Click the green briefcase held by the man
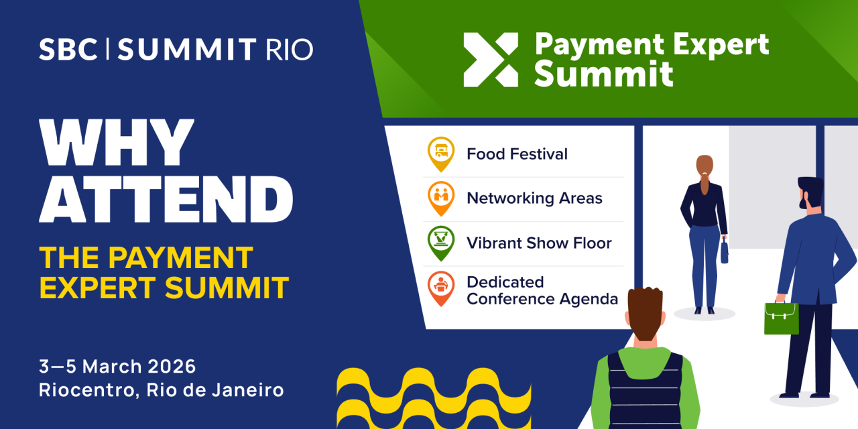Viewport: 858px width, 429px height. pyautogui.click(x=782, y=318)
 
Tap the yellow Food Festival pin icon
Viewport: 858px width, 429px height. pyautogui.click(x=441, y=151)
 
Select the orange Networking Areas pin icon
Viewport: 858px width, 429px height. pyautogui.click(x=441, y=196)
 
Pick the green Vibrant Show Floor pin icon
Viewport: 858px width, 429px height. pyautogui.click(x=441, y=241)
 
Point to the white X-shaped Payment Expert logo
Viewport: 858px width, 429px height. pyautogui.click(x=491, y=60)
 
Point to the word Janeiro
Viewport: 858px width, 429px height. pyautogui.click(x=250, y=389)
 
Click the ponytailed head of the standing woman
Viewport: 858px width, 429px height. pyautogui.click(x=704, y=168)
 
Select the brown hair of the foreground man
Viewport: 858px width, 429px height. pyautogui.click(x=645, y=312)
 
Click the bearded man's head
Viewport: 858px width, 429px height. pyautogui.click(x=810, y=195)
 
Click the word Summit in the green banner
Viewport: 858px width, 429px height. pyautogui.click(x=603, y=74)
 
